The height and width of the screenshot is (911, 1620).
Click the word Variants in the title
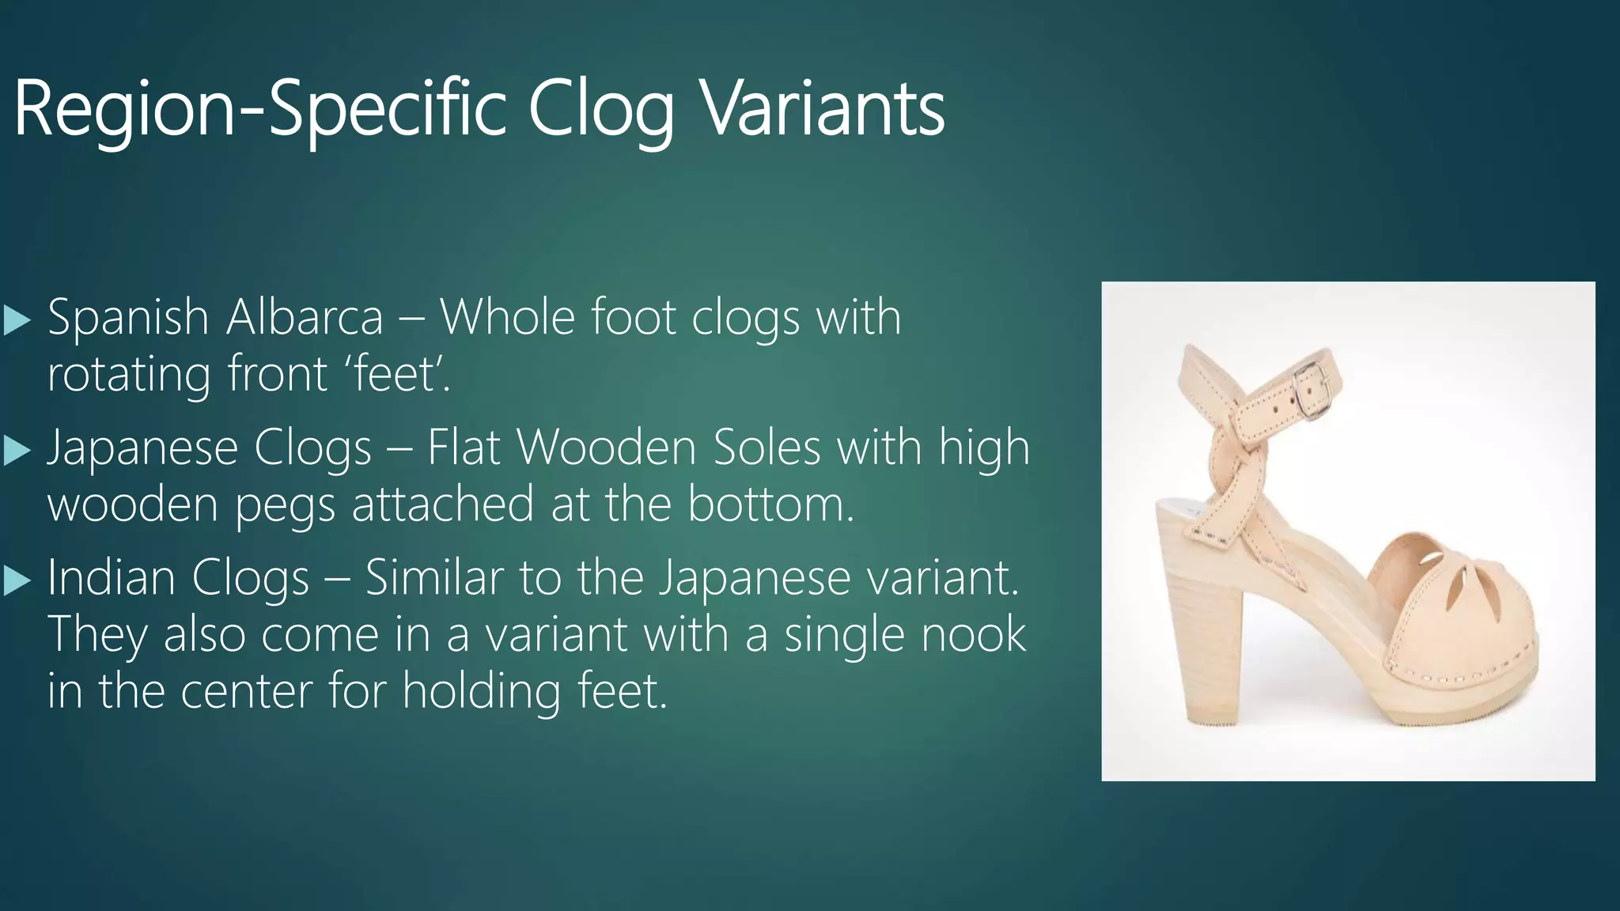tap(823, 109)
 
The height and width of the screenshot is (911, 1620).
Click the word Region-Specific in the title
tap(259, 109)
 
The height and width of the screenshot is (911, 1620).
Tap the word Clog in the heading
tap(600, 109)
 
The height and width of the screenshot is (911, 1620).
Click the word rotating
tap(128, 375)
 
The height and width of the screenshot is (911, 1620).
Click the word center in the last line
tap(246, 691)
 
